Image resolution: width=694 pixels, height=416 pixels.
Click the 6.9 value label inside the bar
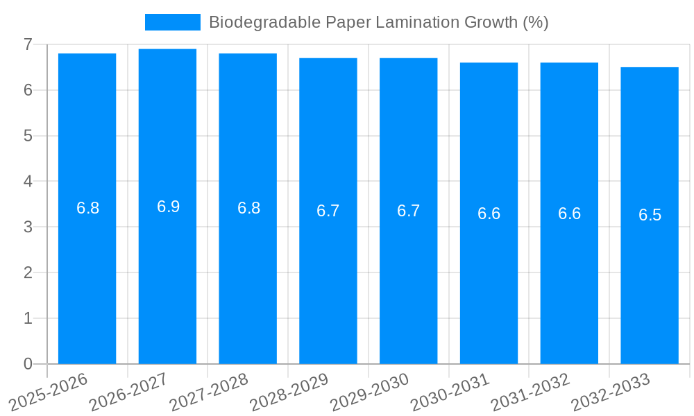[168, 207]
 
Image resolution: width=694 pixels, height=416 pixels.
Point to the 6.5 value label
[650, 215]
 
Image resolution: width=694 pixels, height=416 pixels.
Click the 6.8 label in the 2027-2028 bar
[248, 208]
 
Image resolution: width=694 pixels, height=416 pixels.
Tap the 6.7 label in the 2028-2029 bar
[328, 211]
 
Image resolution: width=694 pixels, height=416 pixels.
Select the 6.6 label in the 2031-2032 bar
[569, 214]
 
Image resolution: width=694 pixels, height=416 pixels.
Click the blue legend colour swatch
[172, 22]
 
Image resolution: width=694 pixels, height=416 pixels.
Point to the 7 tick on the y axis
[28, 44]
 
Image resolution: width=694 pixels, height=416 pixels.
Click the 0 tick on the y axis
[28, 364]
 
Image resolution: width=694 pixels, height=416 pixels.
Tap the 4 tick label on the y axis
[28, 182]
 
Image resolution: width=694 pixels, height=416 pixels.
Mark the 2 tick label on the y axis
[28, 272]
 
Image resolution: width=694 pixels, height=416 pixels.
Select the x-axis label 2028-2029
[290, 392]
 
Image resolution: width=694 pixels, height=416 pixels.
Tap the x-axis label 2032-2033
[611, 392]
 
